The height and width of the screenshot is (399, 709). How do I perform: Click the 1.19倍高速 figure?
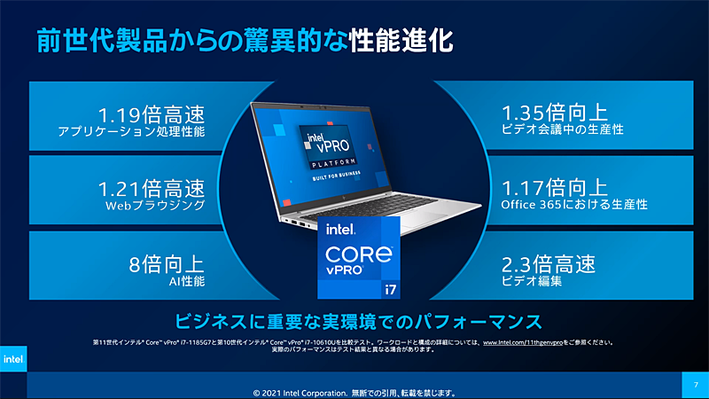pos(151,114)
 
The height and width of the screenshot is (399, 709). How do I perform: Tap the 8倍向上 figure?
pos(167,263)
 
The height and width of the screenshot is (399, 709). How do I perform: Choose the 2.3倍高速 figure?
pos(549,263)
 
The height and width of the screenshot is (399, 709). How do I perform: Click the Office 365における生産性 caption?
pos(573,205)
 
